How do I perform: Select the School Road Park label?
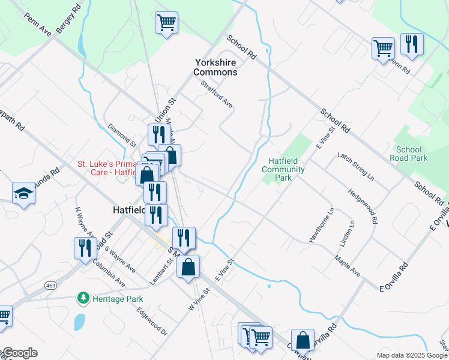pyautogui.click(x=412, y=154)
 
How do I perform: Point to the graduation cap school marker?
pyautogui.click(x=23, y=193)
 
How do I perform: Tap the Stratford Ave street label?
pyautogui.click(x=217, y=94)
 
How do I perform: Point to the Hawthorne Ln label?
pyautogui.click(x=322, y=225)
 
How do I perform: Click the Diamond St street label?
pyautogui.click(x=122, y=135)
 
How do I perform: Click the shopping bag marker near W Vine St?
pyautogui.click(x=188, y=268)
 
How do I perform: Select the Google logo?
pyautogui.click(x=19, y=353)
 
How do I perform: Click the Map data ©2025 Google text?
pyautogui.click(x=411, y=355)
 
